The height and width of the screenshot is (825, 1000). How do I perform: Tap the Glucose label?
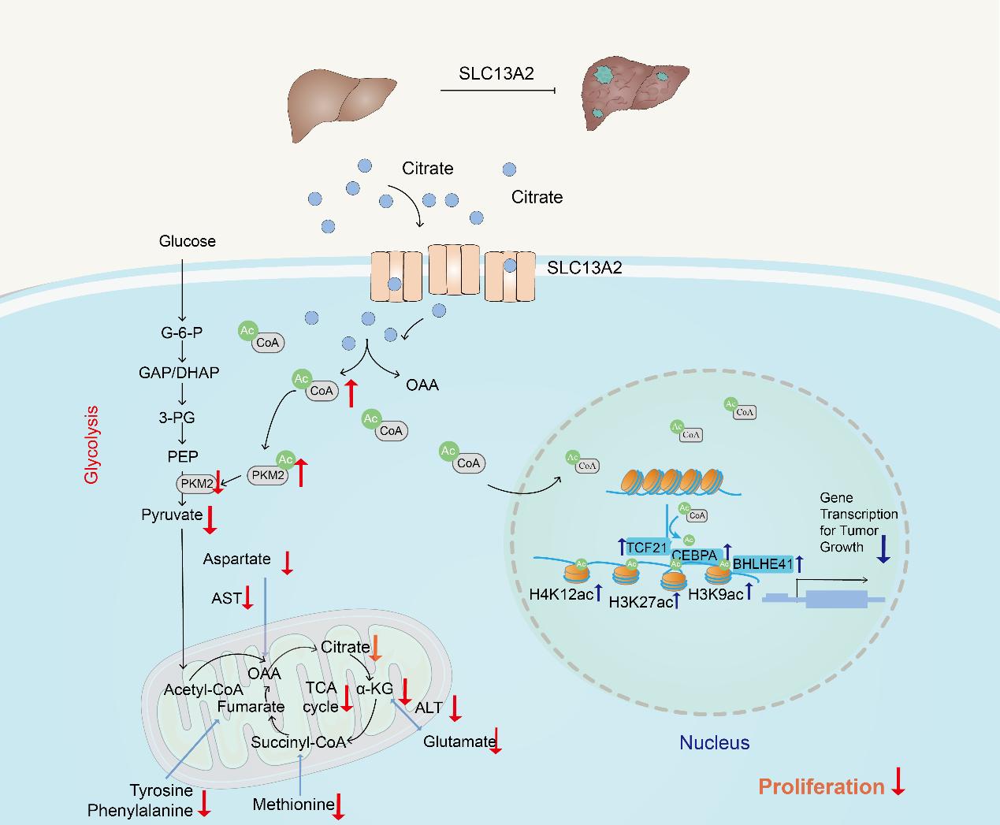187,241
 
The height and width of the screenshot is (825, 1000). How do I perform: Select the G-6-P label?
181,333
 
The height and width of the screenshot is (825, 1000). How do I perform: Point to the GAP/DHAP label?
179,372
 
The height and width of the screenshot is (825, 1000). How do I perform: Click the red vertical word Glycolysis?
92,444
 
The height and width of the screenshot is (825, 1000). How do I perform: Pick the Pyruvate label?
172,515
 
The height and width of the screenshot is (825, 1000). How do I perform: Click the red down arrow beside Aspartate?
288,562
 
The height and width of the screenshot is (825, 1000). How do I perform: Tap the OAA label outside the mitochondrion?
422,385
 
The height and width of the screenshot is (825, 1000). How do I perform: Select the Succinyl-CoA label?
299,742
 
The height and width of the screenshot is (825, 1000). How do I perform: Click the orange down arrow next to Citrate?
377,648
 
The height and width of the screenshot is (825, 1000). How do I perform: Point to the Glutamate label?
459,741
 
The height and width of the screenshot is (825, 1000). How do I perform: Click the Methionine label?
293,805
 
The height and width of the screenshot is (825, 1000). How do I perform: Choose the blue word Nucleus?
715,742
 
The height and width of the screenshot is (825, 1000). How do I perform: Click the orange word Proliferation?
821,786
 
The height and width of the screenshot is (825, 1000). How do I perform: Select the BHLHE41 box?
762,563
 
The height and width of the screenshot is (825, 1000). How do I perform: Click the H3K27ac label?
641,603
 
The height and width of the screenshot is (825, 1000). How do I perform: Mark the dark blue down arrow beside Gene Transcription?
883,548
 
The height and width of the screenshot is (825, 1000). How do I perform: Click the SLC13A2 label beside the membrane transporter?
584,268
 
